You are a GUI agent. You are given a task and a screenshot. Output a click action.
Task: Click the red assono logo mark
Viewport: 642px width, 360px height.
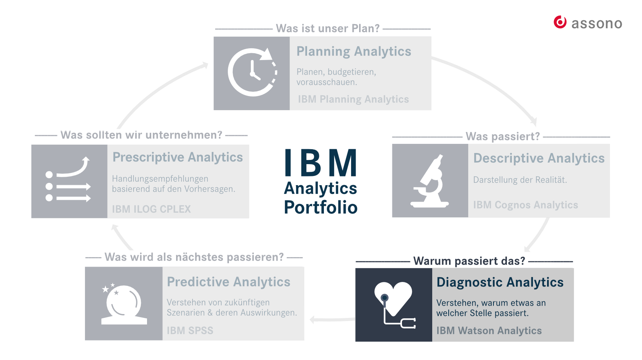(x=560, y=22)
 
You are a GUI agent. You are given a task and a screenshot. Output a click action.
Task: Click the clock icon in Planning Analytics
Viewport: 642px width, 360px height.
(x=252, y=72)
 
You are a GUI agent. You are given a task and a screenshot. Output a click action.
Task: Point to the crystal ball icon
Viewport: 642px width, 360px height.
(x=124, y=304)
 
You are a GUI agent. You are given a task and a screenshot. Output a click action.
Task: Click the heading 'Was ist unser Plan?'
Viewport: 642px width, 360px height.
(x=328, y=28)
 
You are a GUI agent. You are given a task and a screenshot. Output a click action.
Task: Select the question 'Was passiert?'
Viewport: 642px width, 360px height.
(x=503, y=136)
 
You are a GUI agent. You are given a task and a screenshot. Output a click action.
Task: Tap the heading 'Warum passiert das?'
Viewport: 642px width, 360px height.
(x=469, y=261)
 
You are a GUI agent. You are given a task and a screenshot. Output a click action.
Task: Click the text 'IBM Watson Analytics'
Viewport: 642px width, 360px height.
(x=489, y=331)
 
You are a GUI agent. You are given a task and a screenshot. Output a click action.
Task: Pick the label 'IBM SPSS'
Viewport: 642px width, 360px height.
(x=190, y=331)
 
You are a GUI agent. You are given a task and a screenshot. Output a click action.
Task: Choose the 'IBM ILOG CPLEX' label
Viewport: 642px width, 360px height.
(x=151, y=209)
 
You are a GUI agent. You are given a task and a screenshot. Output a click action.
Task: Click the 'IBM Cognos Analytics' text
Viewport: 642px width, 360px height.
(x=525, y=205)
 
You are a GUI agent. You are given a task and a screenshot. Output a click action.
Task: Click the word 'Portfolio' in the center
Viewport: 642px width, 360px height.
(x=321, y=207)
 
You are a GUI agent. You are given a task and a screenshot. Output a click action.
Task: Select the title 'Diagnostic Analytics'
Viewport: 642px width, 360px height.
(x=500, y=282)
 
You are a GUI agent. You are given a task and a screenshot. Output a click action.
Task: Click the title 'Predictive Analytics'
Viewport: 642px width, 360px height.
(x=229, y=282)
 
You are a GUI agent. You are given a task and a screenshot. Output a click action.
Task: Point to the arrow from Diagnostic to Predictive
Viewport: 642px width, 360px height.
(x=332, y=319)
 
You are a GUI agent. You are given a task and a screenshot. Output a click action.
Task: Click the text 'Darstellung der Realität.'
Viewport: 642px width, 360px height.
(x=520, y=180)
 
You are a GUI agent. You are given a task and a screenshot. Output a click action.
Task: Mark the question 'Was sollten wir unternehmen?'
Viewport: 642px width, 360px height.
(x=141, y=135)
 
